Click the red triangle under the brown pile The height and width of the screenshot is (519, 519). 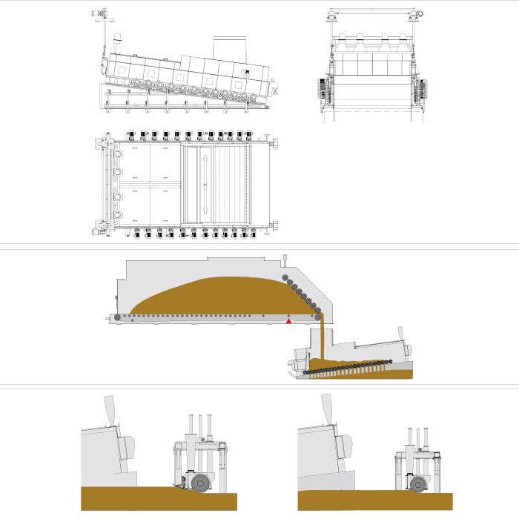pyautogui.click(x=289, y=321)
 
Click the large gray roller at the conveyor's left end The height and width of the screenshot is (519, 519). pyautogui.click(x=117, y=317)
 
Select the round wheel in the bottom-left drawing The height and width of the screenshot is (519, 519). pyautogui.click(x=199, y=482)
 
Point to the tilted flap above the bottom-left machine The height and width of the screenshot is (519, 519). pyautogui.click(x=109, y=410)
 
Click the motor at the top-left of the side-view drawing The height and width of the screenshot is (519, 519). pyautogui.click(x=100, y=14)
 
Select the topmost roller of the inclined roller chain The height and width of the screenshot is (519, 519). pyautogui.click(x=285, y=277)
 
